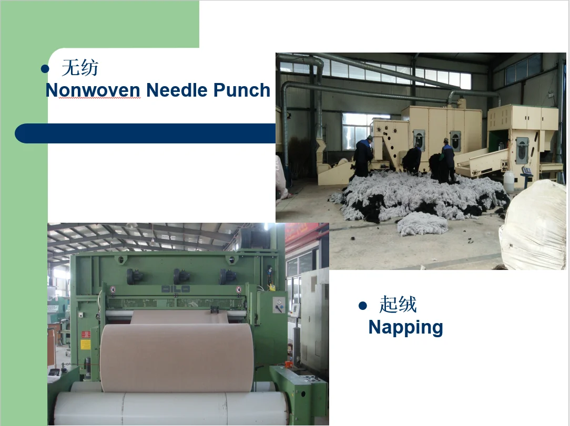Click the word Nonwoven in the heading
[x=93, y=90]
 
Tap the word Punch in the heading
[x=241, y=90]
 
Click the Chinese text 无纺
[x=80, y=68]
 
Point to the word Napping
[x=405, y=327]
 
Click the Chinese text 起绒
[x=398, y=305]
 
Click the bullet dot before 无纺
[x=45, y=69]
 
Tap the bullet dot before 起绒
[x=362, y=305]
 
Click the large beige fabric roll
[x=176, y=357]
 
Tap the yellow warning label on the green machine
[x=85, y=344]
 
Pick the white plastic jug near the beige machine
[x=508, y=182]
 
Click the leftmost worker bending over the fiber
[x=363, y=156]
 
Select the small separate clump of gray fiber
[x=422, y=224]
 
